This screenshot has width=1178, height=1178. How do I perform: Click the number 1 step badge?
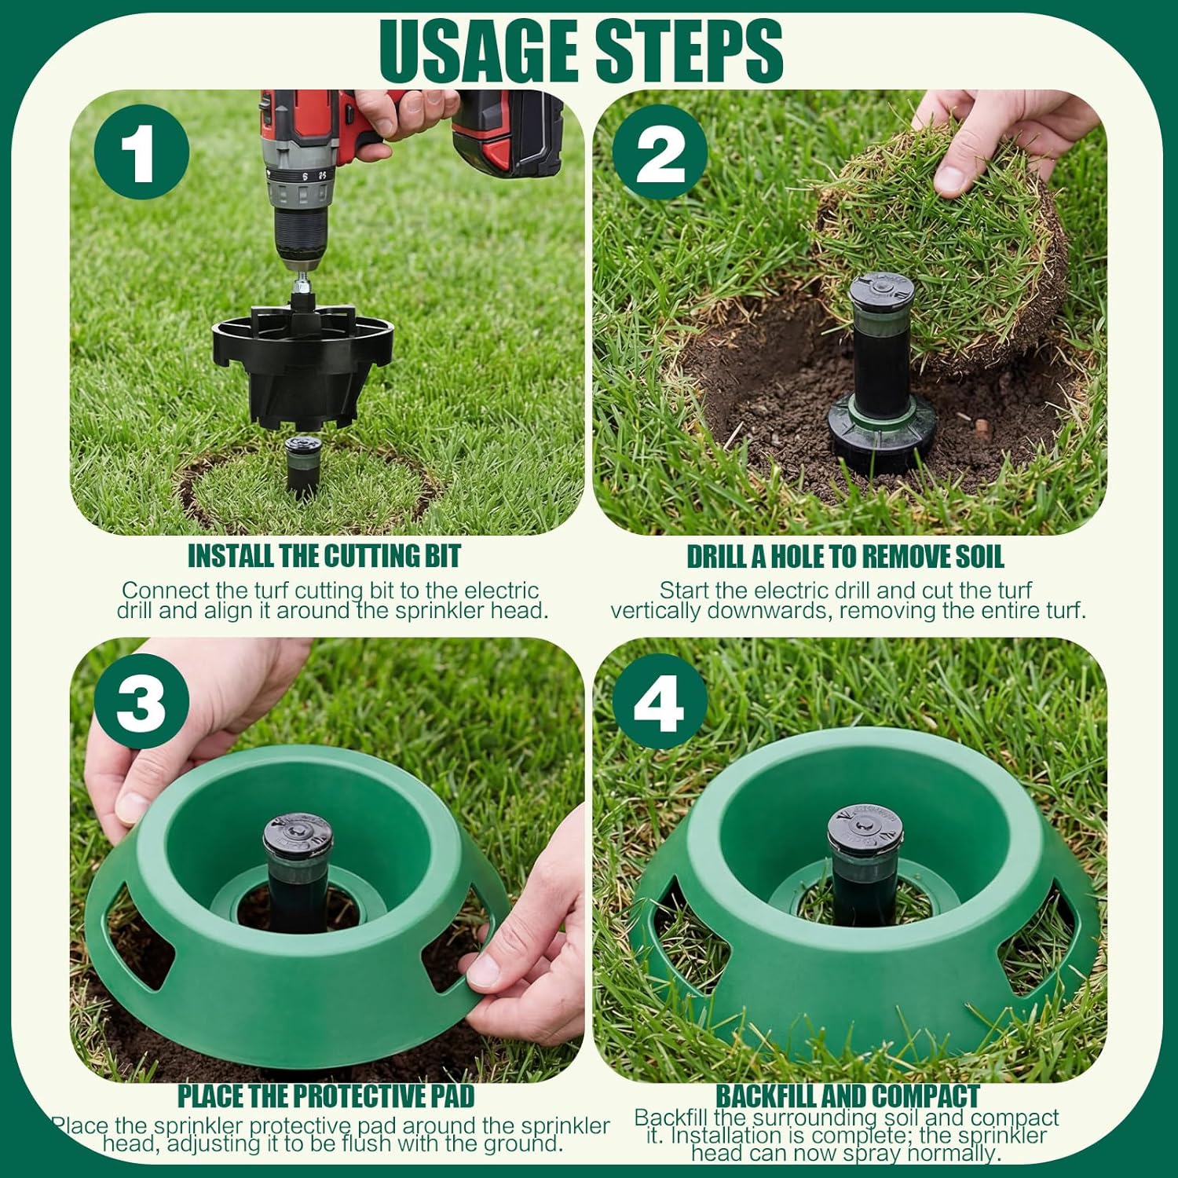(x=141, y=152)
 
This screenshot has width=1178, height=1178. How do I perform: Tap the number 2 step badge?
(x=660, y=152)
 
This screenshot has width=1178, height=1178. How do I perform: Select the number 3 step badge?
(x=141, y=701)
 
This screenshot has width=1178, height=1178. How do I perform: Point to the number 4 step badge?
(x=660, y=701)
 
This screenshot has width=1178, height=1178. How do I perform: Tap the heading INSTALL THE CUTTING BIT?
(x=324, y=556)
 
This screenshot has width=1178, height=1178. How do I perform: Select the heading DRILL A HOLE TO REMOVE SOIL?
(x=846, y=557)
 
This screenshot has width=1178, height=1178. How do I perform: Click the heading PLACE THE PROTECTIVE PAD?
(x=326, y=1096)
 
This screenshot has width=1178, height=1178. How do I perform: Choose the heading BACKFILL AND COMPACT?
(x=847, y=1096)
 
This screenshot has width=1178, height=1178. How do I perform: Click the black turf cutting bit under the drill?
(x=302, y=365)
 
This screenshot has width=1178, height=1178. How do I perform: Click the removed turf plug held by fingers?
(x=942, y=243)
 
